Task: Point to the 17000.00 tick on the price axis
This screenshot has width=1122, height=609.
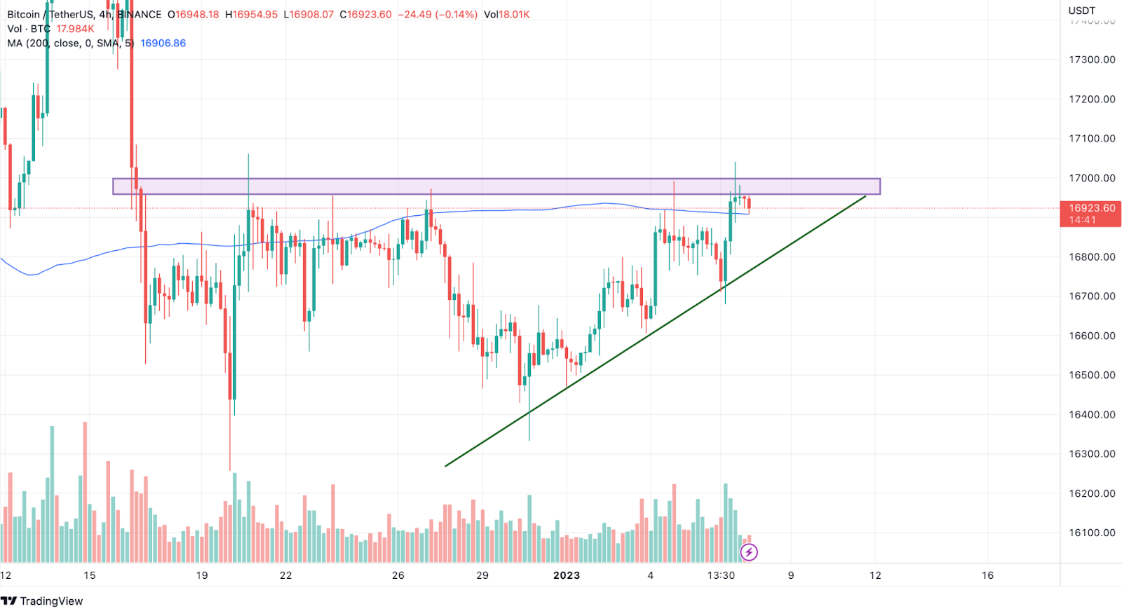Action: tap(1092, 178)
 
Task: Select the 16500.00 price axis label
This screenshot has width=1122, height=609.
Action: tap(1092, 375)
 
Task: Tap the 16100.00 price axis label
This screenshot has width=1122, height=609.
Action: tap(1092, 533)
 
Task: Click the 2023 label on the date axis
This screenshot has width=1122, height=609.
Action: tap(567, 575)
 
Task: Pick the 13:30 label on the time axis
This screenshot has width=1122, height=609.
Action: tap(721, 575)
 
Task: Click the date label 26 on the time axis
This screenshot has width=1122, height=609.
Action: tap(398, 575)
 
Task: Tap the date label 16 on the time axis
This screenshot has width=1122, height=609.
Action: tap(987, 575)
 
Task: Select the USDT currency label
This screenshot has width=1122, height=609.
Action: tap(1081, 11)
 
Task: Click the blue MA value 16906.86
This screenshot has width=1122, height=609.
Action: tap(163, 43)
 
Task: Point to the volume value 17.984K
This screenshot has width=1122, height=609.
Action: tap(75, 29)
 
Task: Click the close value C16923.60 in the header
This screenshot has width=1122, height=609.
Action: tap(365, 15)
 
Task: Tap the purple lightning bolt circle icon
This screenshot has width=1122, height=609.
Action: tap(749, 552)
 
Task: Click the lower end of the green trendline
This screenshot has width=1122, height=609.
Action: tap(446, 465)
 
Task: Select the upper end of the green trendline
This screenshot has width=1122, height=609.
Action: tap(865, 196)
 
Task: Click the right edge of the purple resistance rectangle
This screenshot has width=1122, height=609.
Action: tap(879, 186)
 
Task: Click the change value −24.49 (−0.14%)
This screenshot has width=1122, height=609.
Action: tap(438, 15)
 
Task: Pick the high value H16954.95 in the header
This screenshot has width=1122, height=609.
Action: tap(251, 15)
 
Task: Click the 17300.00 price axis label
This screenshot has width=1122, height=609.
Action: tap(1092, 60)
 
